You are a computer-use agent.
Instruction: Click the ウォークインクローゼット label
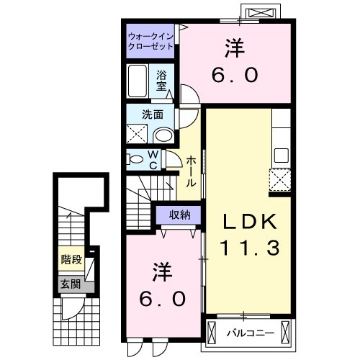pos(151,40)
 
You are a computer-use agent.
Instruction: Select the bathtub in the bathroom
pos(139,82)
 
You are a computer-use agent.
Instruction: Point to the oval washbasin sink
pos(163,135)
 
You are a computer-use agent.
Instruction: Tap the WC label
pos(154,159)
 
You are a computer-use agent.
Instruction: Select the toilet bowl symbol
pos(135,160)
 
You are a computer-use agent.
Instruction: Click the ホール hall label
pos(191,172)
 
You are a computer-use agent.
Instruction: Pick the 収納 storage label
pos(179,214)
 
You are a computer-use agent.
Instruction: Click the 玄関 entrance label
pos(70,284)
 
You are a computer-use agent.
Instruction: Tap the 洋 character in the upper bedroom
pos(234,49)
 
